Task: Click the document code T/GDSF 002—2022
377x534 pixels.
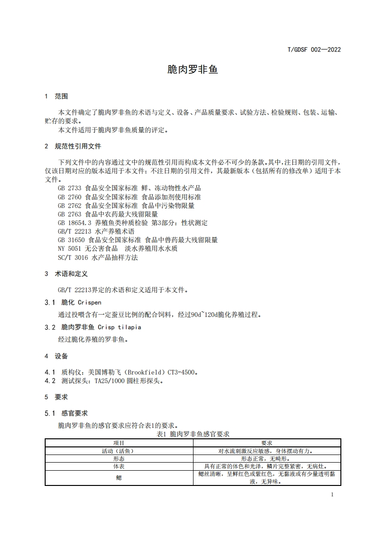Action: (314, 49)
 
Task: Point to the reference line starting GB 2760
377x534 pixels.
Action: (129, 197)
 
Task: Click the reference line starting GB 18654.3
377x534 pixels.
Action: (132, 223)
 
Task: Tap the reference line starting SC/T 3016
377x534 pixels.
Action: (97, 257)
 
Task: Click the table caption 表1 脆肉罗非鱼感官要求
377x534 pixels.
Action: (193, 434)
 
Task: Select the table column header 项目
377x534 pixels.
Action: (119, 443)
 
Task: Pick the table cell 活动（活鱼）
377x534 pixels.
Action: (119, 451)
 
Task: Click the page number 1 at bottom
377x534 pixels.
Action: (332, 494)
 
